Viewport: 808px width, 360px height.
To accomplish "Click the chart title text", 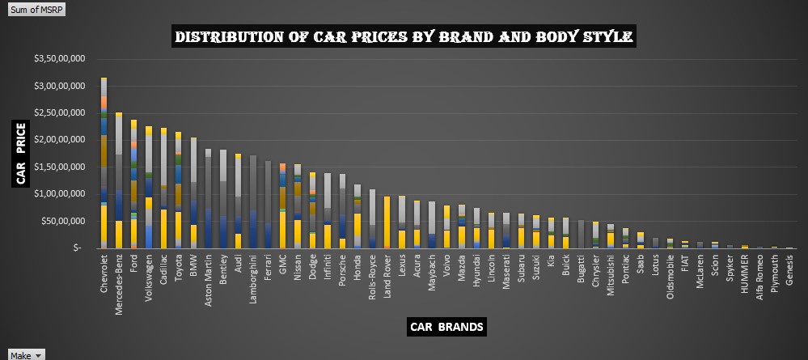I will [404, 37].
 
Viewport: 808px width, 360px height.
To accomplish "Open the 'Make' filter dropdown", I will [27, 354].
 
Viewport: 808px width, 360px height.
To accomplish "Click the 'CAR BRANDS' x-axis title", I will [447, 327].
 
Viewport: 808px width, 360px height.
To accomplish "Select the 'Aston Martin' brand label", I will [209, 279].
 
